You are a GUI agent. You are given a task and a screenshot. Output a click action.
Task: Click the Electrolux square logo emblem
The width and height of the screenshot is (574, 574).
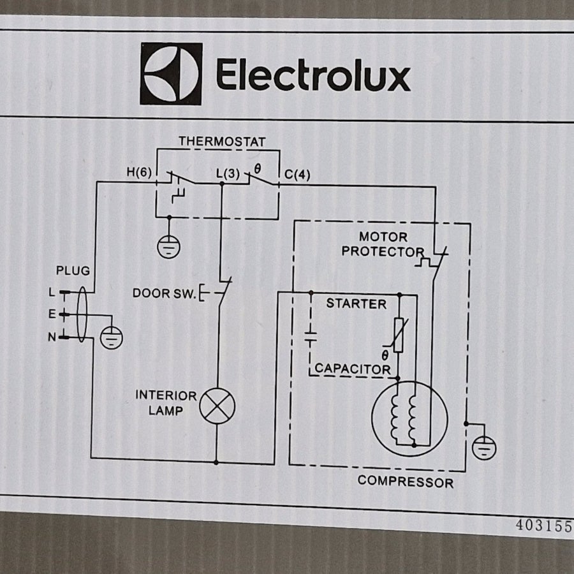coord(171,73)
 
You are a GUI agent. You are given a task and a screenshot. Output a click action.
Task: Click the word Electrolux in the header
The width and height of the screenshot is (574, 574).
coord(313,75)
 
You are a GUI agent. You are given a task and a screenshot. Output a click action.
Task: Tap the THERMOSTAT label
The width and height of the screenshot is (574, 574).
coord(222,142)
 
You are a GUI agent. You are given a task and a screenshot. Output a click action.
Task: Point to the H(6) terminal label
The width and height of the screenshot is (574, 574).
coord(139,172)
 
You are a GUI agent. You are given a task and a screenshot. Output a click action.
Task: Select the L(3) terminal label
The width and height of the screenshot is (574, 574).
coord(228,173)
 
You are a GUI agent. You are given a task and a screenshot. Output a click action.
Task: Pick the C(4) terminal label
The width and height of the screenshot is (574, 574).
coord(297,175)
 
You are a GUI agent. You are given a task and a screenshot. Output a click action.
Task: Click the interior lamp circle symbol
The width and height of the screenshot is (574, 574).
coord(217,406)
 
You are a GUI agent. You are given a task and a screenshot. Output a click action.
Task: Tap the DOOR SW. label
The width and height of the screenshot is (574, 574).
coord(165,293)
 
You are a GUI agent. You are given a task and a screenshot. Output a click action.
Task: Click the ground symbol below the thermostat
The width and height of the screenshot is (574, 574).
coord(169,247)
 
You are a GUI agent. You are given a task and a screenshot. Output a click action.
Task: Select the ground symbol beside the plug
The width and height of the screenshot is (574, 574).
coord(111,337)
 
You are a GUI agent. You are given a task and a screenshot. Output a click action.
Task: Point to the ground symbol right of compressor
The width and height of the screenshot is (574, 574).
coord(484,448)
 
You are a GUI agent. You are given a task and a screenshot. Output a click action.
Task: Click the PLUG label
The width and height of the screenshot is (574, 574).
coord(73,270)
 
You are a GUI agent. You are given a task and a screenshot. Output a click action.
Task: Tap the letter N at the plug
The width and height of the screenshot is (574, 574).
coord(52,337)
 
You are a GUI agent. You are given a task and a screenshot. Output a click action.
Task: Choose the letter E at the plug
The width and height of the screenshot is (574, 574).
coord(52,314)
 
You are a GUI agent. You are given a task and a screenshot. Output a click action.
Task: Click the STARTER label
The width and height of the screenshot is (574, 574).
coord(356,304)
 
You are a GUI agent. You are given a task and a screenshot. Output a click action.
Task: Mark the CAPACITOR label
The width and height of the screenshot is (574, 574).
coord(353,369)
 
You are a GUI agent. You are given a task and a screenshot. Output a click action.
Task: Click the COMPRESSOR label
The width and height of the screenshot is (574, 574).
coord(406,482)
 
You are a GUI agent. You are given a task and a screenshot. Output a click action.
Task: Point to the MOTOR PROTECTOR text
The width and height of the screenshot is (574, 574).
coord(383,244)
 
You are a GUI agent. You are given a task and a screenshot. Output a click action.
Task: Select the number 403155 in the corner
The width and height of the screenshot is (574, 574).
coord(544,526)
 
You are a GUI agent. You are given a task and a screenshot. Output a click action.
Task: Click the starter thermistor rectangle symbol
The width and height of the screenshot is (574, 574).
coord(399,335)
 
